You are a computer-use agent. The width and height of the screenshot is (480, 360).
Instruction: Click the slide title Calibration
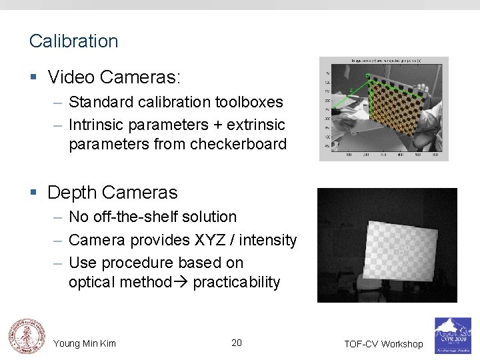[73, 41]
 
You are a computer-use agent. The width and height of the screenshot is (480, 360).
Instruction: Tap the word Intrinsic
[94, 125]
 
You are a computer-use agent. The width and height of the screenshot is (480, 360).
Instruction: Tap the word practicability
[237, 282]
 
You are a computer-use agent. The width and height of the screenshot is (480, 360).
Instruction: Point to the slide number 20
[237, 343]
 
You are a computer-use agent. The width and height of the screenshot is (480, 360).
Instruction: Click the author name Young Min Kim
[85, 343]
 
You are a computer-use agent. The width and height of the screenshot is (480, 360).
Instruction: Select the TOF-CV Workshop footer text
[383, 344]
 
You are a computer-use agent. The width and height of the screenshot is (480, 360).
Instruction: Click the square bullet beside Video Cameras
[33, 78]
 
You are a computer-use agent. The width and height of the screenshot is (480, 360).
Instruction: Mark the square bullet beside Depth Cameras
[33, 193]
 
